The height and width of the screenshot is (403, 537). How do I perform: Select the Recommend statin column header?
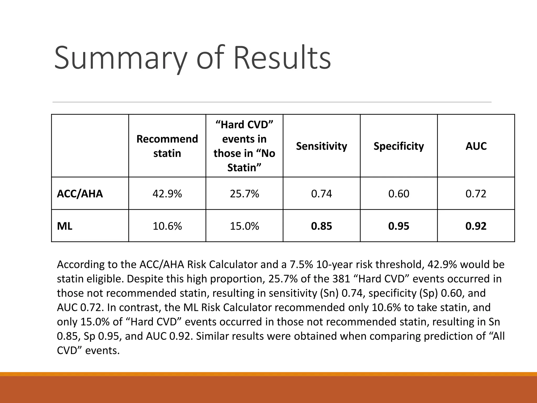[167, 146]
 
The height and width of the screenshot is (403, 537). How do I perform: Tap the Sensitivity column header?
[321, 146]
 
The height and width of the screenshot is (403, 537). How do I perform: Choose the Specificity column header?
[399, 146]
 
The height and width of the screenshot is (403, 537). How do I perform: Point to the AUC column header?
[476, 146]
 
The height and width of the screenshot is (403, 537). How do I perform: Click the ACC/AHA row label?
[80, 194]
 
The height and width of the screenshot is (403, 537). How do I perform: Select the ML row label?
[65, 226]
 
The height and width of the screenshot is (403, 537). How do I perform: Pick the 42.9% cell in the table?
[167, 194]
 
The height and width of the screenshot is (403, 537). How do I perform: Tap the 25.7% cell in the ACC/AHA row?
[244, 194]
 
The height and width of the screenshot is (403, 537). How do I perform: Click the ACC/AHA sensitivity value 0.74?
[321, 194]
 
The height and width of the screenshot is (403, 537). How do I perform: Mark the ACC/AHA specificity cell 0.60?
[399, 194]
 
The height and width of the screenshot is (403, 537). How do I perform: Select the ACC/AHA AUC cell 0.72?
[476, 194]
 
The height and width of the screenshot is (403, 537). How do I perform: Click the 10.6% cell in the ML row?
[167, 226]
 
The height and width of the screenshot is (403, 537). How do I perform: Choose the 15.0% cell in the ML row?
[244, 226]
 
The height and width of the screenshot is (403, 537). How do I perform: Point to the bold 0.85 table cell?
[321, 226]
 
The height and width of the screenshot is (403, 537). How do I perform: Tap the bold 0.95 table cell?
[399, 226]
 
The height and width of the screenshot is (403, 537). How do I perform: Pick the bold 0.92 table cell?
[476, 226]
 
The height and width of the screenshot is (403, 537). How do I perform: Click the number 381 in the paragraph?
[341, 279]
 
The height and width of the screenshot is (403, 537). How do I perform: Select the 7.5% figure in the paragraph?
[301, 264]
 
